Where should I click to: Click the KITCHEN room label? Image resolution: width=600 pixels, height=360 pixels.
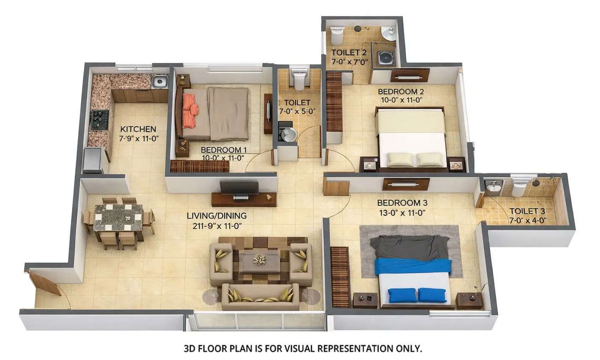point(138,129)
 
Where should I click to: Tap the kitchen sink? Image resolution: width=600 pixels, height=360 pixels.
point(160,81)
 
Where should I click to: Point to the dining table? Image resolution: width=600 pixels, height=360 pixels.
point(118,217)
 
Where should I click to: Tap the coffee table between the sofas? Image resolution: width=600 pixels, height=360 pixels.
point(259,261)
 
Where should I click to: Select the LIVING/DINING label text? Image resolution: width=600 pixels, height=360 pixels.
point(216,216)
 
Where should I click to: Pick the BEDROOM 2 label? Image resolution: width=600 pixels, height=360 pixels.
point(401,91)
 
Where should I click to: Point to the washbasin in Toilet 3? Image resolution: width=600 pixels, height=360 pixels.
point(493,187)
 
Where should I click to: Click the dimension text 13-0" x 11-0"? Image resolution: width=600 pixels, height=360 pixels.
point(401,213)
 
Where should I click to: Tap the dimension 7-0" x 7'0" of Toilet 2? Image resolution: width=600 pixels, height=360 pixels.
point(349,62)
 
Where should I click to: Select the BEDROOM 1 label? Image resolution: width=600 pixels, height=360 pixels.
point(223,150)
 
